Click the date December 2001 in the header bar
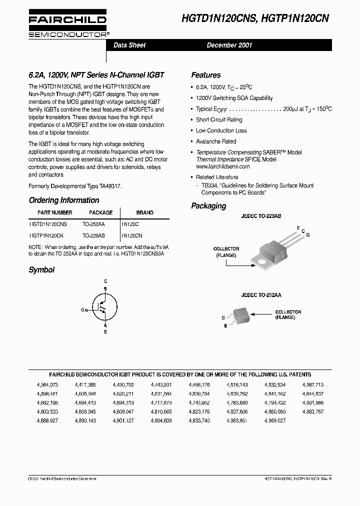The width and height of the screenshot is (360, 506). click(x=229, y=45)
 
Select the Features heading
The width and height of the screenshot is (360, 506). click(x=206, y=75)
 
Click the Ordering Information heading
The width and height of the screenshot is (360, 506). click(x=64, y=200)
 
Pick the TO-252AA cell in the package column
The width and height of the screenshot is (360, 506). click(x=93, y=225)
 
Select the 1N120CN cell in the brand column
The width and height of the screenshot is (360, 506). click(x=132, y=235)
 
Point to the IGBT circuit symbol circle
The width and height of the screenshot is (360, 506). click(x=105, y=309)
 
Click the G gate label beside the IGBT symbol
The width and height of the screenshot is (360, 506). click(x=82, y=310)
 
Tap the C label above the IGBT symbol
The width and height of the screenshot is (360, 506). click(x=105, y=281)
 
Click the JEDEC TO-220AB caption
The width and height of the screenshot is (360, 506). click(x=260, y=216)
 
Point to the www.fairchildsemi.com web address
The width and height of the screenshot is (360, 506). click(x=223, y=166)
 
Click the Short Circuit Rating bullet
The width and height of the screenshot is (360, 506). click(x=219, y=120)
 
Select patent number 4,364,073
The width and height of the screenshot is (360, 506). click(x=47, y=385)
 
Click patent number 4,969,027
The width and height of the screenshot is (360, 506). click(x=275, y=421)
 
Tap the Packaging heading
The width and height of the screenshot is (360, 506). click(x=208, y=206)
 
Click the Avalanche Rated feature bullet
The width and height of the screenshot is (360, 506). click(x=216, y=141)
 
